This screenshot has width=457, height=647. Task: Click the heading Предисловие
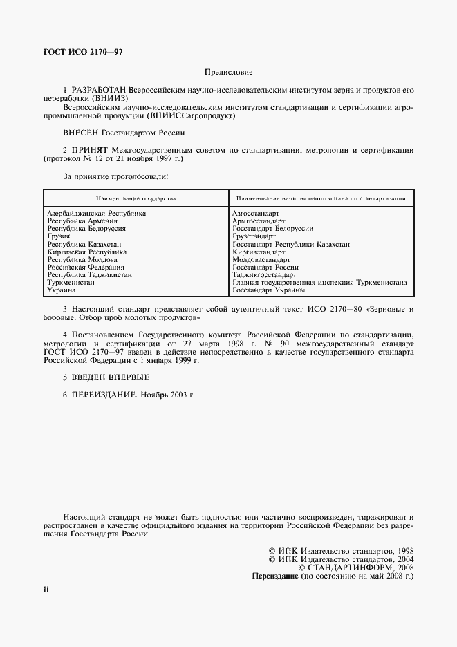tap(228, 72)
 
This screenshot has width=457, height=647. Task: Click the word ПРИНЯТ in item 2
tap(89, 149)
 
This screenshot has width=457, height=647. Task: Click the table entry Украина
tap(60, 290)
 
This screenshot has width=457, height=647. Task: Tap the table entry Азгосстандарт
tap(256, 214)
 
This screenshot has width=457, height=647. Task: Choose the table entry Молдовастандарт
tap(261, 259)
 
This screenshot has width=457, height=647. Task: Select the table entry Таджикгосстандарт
tap(264, 274)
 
